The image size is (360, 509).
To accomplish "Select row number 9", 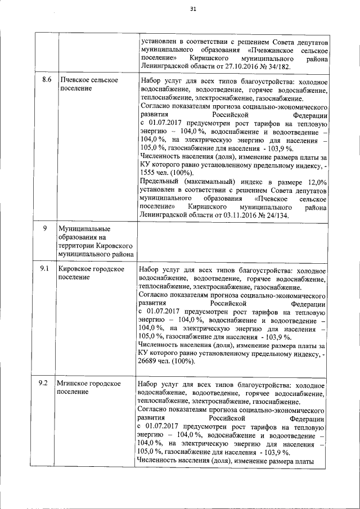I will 46,229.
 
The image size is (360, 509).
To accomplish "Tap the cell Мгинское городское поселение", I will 89,388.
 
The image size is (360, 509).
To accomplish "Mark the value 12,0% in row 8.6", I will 315,182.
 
